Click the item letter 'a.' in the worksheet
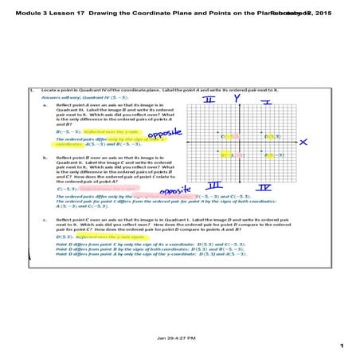(x=45, y=104)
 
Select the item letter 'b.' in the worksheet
(x=45, y=158)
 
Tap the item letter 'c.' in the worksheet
(x=45, y=218)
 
